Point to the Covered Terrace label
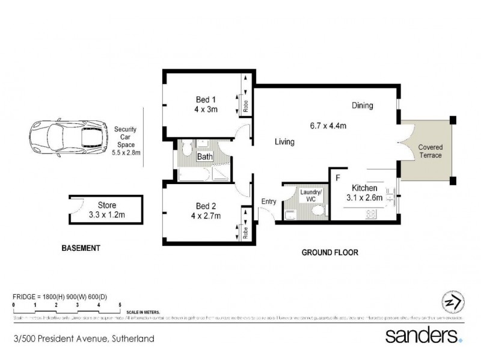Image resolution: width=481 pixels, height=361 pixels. point(430,150)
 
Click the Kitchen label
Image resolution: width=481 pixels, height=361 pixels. point(364,188)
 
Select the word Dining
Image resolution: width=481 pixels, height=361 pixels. point(363,105)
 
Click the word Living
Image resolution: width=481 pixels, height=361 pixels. point(284,142)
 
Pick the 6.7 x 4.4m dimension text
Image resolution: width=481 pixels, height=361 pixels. point(327,126)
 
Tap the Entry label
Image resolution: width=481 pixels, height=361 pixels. point(268,202)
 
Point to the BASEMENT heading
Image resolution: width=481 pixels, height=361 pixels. point(81,248)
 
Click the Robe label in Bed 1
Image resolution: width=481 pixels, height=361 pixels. point(246,102)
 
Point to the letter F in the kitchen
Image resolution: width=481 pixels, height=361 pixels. point(338,178)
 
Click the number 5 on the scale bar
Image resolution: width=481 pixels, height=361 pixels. point(120,306)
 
